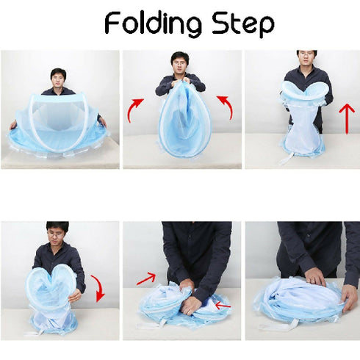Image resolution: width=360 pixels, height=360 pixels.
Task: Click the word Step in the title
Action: pos(239,24)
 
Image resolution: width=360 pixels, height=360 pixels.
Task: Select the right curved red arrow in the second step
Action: pos(227,107)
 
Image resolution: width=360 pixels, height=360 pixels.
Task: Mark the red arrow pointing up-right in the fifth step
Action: pos(146,278)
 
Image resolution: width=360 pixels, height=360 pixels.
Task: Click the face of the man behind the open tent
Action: pos(58,76)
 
